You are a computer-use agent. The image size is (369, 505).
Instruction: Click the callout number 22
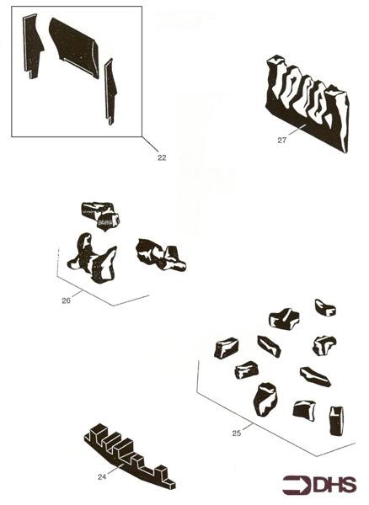click(162, 157)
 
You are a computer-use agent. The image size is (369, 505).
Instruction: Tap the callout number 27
click(282, 140)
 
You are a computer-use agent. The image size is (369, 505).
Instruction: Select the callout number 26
click(66, 300)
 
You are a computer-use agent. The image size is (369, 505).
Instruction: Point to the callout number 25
click(237, 433)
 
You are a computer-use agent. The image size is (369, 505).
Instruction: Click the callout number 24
click(102, 476)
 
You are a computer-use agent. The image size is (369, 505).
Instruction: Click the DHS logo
click(319, 485)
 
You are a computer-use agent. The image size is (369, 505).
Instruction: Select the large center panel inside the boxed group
click(75, 47)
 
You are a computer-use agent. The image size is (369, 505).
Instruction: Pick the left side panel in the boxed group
click(32, 45)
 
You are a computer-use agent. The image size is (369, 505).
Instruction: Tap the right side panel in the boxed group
click(110, 91)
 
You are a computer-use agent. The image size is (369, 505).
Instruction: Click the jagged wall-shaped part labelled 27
click(307, 103)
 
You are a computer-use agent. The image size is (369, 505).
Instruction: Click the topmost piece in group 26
click(100, 215)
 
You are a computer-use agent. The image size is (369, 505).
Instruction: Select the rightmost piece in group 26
click(161, 255)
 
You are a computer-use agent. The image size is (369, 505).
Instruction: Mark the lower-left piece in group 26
click(93, 258)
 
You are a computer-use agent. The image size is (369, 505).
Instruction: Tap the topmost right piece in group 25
click(325, 308)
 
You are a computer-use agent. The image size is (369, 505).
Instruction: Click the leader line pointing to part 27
click(297, 130)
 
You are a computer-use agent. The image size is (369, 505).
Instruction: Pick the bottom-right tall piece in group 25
click(336, 421)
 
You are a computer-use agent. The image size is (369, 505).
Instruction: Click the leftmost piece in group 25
click(227, 348)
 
